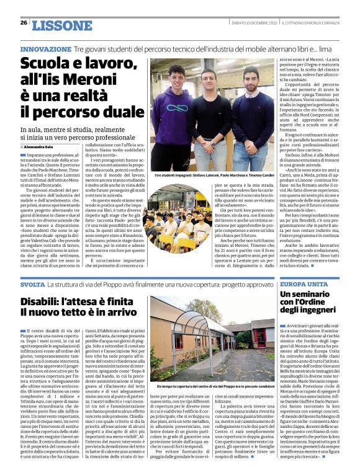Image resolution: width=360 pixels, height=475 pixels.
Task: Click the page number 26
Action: click(x=24, y=23)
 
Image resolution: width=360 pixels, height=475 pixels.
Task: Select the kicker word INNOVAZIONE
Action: click(x=45, y=48)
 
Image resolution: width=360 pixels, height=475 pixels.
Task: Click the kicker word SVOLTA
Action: click(x=32, y=285)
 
